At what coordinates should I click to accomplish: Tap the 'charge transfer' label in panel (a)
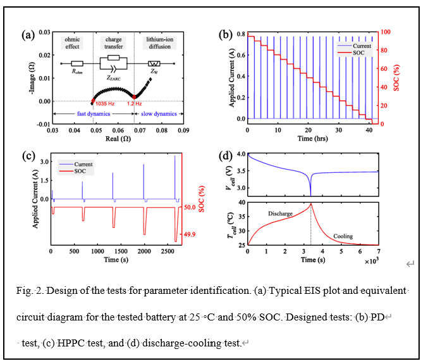114,42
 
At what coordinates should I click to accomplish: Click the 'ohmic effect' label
72,42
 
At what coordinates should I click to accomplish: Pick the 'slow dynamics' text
157,113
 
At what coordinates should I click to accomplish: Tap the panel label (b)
225,35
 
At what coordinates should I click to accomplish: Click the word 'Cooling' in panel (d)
344,236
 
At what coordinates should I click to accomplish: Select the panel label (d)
225,156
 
